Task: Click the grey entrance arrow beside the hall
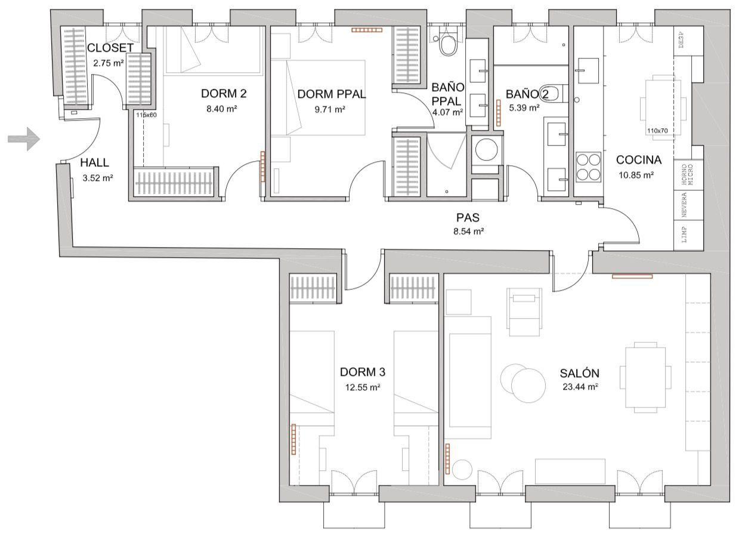click(x=24, y=139)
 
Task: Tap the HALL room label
click(x=95, y=163)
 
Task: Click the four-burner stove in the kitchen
click(x=589, y=167)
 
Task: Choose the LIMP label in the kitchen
click(x=684, y=235)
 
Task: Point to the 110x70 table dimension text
click(x=656, y=131)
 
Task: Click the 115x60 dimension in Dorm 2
click(x=146, y=115)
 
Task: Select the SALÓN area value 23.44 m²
click(x=579, y=386)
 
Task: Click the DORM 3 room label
click(x=363, y=372)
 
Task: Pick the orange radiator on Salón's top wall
click(x=632, y=276)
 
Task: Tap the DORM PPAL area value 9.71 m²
click(x=331, y=109)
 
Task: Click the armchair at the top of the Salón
click(x=524, y=309)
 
